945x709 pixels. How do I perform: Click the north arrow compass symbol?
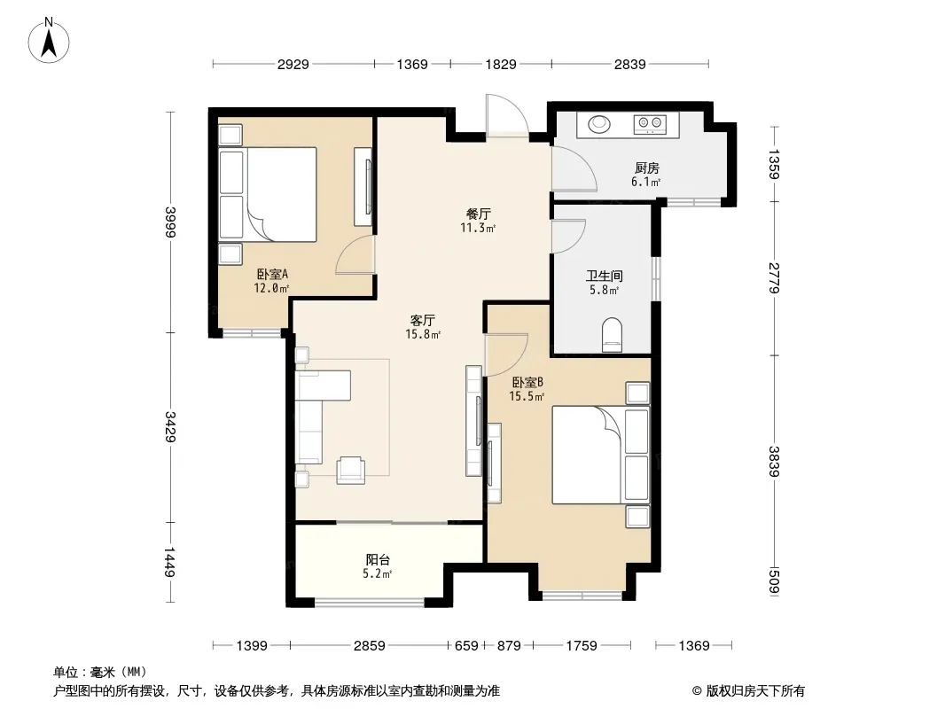[49, 41]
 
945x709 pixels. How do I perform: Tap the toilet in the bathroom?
[612, 335]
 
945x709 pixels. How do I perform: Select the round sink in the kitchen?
[599, 124]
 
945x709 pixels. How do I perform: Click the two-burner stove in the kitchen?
[650, 124]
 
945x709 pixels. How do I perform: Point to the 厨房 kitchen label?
[646, 168]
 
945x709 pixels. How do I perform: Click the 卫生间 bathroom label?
[605, 276]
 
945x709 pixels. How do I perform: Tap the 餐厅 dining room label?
[479, 214]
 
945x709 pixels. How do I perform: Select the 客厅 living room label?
[423, 321]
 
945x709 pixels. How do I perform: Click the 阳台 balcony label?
[378, 559]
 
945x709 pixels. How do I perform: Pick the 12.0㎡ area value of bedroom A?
[271, 288]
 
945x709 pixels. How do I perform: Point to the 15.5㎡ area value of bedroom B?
[527, 396]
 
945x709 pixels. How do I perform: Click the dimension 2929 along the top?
[293, 64]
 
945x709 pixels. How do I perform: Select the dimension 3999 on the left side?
[170, 222]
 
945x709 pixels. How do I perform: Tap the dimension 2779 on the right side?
[775, 278]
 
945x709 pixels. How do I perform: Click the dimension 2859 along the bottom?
[370, 646]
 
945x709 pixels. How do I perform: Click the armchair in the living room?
[351, 470]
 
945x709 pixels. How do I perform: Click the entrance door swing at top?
[507, 114]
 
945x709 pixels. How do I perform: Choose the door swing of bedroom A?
[355, 255]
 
